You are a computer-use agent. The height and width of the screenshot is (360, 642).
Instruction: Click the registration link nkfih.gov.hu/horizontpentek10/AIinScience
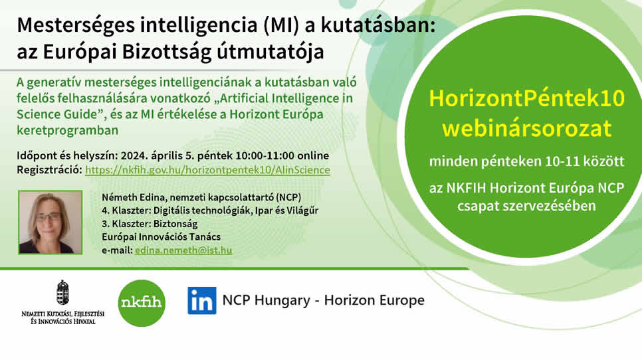tap(207, 170)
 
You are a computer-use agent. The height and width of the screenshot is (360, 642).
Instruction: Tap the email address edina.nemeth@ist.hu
tap(183, 250)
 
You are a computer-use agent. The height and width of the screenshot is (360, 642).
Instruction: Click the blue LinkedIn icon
tap(202, 300)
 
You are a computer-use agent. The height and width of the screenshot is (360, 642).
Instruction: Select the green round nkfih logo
tap(142, 303)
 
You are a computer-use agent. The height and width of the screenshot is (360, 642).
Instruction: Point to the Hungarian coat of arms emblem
tap(62, 292)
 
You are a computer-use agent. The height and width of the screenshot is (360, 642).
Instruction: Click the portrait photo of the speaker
tap(51, 223)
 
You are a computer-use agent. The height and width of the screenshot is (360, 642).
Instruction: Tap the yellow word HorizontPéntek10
tap(527, 98)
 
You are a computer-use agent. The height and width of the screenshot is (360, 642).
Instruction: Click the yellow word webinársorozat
tap(527, 128)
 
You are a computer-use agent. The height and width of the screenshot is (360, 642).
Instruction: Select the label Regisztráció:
tap(50, 170)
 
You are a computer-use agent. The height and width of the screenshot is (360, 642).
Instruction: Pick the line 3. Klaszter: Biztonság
tap(150, 224)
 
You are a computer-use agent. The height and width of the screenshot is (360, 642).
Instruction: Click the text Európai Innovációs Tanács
tap(161, 237)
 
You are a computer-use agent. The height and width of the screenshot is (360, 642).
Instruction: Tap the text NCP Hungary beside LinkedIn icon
tap(266, 300)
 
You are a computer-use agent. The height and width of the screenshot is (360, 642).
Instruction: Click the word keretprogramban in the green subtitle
tap(68, 130)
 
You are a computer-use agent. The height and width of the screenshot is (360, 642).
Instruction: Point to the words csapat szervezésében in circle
tap(526, 206)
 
